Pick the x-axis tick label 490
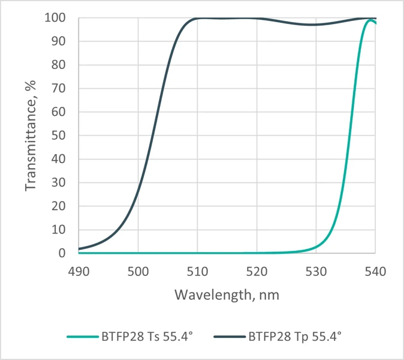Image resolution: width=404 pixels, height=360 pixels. click(79, 271)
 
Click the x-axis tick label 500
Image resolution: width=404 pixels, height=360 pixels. click(138, 271)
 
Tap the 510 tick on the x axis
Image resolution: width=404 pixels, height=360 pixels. click(198, 271)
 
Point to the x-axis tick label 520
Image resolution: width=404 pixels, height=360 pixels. click(257, 271)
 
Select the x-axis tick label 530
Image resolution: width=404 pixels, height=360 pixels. click(316, 271)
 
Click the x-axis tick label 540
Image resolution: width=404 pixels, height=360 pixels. click(375, 271)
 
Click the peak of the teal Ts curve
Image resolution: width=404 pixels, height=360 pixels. click(372, 21)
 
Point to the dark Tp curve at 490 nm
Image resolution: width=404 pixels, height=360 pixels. click(80, 248)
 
